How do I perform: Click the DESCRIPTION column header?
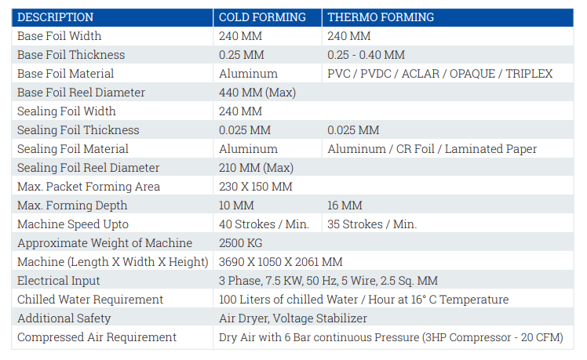pyautogui.click(x=56, y=17)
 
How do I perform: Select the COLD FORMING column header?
pyautogui.click(x=262, y=17)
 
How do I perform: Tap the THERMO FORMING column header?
pyautogui.click(x=381, y=17)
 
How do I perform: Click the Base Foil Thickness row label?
pyautogui.click(x=71, y=55)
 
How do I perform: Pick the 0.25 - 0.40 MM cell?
pyautogui.click(x=366, y=55)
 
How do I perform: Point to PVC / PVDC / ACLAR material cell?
pyautogui.click(x=440, y=74)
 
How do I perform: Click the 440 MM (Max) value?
pyautogui.click(x=257, y=93)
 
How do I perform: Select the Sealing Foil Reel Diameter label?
pyautogui.click(x=89, y=168)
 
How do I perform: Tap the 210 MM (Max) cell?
pyautogui.click(x=256, y=168)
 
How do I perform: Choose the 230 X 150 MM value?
pyautogui.click(x=256, y=187)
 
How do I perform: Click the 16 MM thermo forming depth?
pyautogui.click(x=345, y=205)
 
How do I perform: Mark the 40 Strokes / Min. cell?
pyautogui.click(x=264, y=224)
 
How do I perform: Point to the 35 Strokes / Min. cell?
pyautogui.click(x=372, y=224)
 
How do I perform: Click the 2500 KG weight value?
pyautogui.click(x=241, y=243)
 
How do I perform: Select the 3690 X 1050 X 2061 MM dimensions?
pyautogui.click(x=281, y=262)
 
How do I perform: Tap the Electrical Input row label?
pyautogui.click(x=58, y=281)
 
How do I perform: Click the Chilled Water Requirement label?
pyautogui.click(x=90, y=300)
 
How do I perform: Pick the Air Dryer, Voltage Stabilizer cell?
pyautogui.click(x=293, y=318)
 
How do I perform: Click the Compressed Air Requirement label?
pyautogui.click(x=97, y=337)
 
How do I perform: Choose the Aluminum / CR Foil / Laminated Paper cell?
pyautogui.click(x=432, y=149)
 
